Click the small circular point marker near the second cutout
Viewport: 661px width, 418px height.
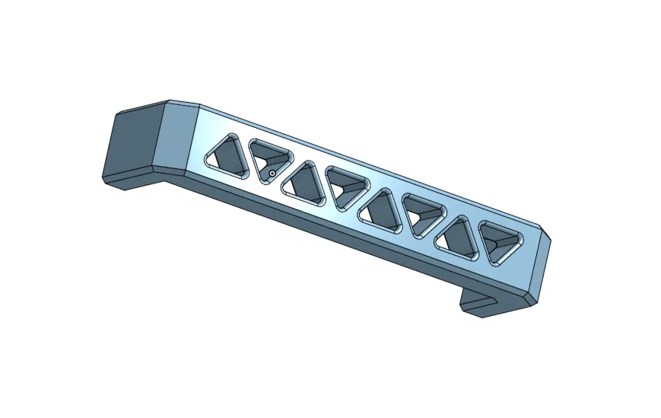[271, 174]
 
